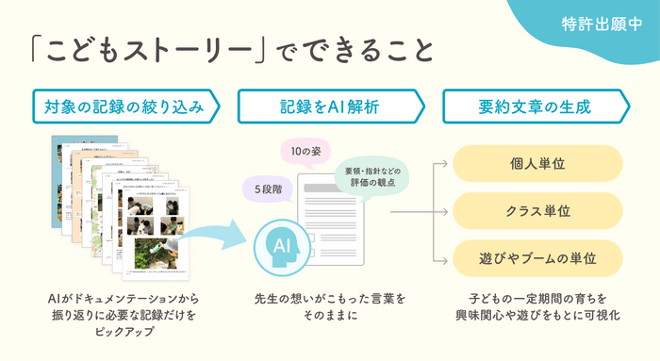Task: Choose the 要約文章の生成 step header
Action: pos(536,107)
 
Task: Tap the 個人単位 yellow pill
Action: pos(537,163)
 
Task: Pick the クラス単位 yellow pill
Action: pos(537,211)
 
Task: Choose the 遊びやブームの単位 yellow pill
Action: pos(537,258)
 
